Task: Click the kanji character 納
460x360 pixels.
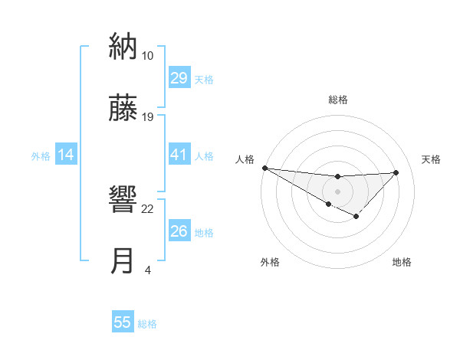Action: [123, 47]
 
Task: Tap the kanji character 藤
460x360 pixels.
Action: [123, 108]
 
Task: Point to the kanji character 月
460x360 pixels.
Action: [123, 261]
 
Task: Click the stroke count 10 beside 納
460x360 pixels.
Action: [147, 56]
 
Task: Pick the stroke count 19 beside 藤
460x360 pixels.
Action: [148, 117]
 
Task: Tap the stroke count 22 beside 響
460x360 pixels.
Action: [148, 209]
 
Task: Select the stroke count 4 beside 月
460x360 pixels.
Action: [148, 270]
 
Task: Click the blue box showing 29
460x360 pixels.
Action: [179, 78]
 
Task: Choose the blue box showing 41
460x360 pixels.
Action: [179, 155]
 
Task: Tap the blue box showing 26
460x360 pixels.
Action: [179, 231]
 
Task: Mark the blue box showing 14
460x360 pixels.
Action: [66, 155]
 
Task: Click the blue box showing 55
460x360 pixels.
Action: [123, 322]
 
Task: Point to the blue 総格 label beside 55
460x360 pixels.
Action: [147, 324]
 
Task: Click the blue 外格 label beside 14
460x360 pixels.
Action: [41, 156]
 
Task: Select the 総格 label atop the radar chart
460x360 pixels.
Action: [338, 100]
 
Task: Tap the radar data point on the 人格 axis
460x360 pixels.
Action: [264, 168]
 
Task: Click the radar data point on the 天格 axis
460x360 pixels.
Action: [396, 172]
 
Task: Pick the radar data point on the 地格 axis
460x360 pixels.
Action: [356, 217]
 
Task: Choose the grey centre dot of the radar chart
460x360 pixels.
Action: [338, 190]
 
